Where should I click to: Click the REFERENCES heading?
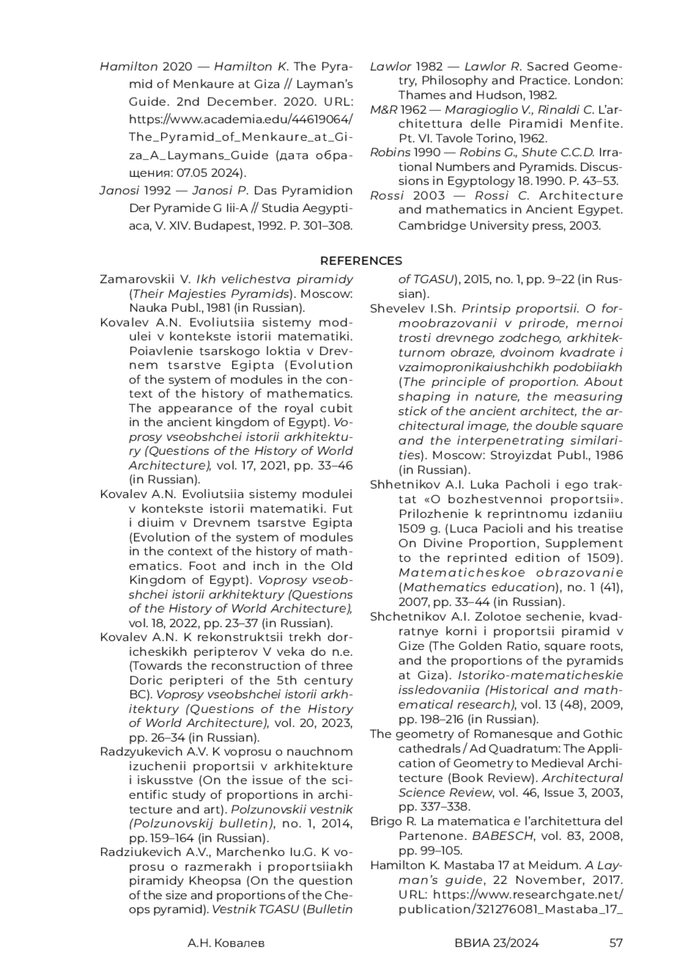click(x=361, y=261)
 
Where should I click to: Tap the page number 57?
click(x=616, y=943)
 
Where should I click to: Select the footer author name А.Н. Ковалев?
click(x=226, y=943)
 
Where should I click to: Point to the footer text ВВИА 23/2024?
click(x=497, y=943)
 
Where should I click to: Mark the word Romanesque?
click(x=497, y=734)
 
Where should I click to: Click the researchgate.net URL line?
click(x=510, y=894)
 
